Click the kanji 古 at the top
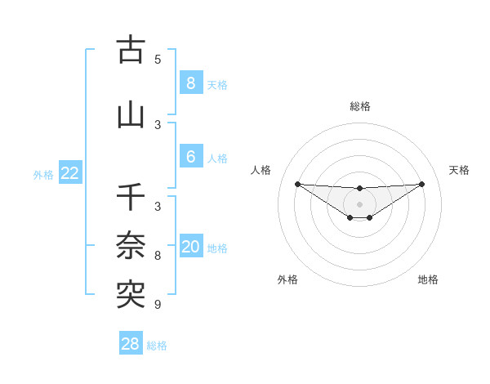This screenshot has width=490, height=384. pos(131,51)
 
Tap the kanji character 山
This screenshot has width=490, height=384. pos(131,115)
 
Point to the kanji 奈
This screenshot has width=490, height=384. pos(131,246)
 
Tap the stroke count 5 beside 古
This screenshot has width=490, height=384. pos(158,60)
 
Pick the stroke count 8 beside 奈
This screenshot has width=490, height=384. pos(158,256)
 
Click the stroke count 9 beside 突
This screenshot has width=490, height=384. pos(158,305)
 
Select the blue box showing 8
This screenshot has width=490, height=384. pos(190,83)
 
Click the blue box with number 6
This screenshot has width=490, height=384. pos(190,158)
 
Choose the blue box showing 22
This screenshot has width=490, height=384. pos(70,173)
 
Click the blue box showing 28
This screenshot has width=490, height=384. pos(131,344)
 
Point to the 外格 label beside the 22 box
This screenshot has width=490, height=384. pos(43,174)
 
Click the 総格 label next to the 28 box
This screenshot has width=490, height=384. pos(158,346)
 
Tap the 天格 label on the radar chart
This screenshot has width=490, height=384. pos(460,170)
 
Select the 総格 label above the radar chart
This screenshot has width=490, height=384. pos(360,106)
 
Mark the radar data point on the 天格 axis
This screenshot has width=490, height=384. pos(422,184)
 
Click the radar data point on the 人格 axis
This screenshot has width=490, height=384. pos(297,184)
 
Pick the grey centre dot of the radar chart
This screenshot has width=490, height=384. pos(360,204)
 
